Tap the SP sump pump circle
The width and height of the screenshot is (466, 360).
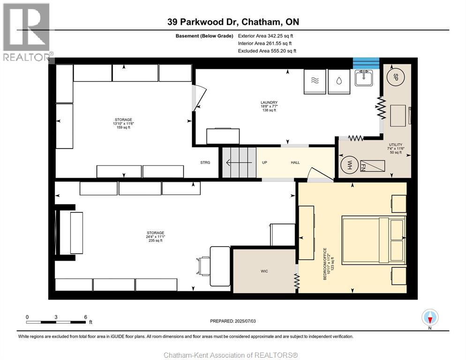[x=395, y=76]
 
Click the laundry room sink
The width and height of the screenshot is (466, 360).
[x=364, y=77]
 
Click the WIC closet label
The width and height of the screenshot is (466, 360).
[x=264, y=271]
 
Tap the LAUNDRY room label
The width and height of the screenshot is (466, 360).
[x=269, y=103]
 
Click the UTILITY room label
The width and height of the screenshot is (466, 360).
[x=396, y=145]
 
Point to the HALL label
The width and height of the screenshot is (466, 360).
[x=295, y=163]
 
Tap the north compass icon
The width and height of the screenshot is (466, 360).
[x=429, y=318]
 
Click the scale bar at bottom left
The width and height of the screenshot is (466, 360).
[x=56, y=322]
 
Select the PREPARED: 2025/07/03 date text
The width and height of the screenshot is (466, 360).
[x=233, y=321]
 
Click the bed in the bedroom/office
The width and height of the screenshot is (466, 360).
[x=373, y=240]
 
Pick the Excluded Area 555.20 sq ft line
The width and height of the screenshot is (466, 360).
[x=267, y=51]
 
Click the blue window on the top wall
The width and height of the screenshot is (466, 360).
[x=366, y=63]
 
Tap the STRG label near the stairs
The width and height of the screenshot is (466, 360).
[x=205, y=163]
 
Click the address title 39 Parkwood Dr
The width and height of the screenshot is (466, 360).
[x=233, y=22]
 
